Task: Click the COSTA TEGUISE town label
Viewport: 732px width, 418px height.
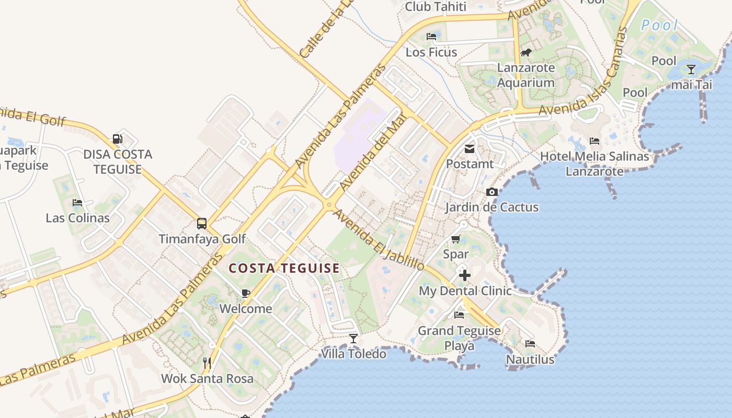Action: pos(284,269)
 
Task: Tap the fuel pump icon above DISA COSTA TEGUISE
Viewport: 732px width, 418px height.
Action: pos(118,139)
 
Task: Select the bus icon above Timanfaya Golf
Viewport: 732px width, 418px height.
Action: pos(202,224)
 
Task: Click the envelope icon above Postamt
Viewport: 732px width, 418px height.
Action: pos(470,149)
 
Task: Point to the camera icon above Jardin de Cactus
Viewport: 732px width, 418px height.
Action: pos(491,192)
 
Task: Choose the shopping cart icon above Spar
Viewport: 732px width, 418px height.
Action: pos(455,239)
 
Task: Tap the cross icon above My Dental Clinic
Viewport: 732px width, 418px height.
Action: pos(464,275)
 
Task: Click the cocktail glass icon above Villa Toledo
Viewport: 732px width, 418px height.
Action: pos(353,339)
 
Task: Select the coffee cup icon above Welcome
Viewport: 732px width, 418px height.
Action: pos(245,293)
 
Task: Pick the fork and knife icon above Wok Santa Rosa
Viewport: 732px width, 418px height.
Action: pos(207,363)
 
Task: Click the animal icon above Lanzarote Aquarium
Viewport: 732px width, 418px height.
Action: pos(526,52)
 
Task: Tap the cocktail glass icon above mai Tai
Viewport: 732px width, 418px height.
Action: pos(691,69)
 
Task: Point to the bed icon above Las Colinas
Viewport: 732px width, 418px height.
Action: pos(77,203)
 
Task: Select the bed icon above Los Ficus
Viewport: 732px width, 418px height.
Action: pos(431,37)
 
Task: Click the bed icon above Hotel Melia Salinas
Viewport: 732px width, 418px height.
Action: pos(594,141)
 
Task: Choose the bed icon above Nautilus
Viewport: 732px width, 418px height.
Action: pos(530,344)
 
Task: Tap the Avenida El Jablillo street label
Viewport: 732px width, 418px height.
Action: pos(379,240)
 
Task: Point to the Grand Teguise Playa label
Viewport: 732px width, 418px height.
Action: pos(459,338)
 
